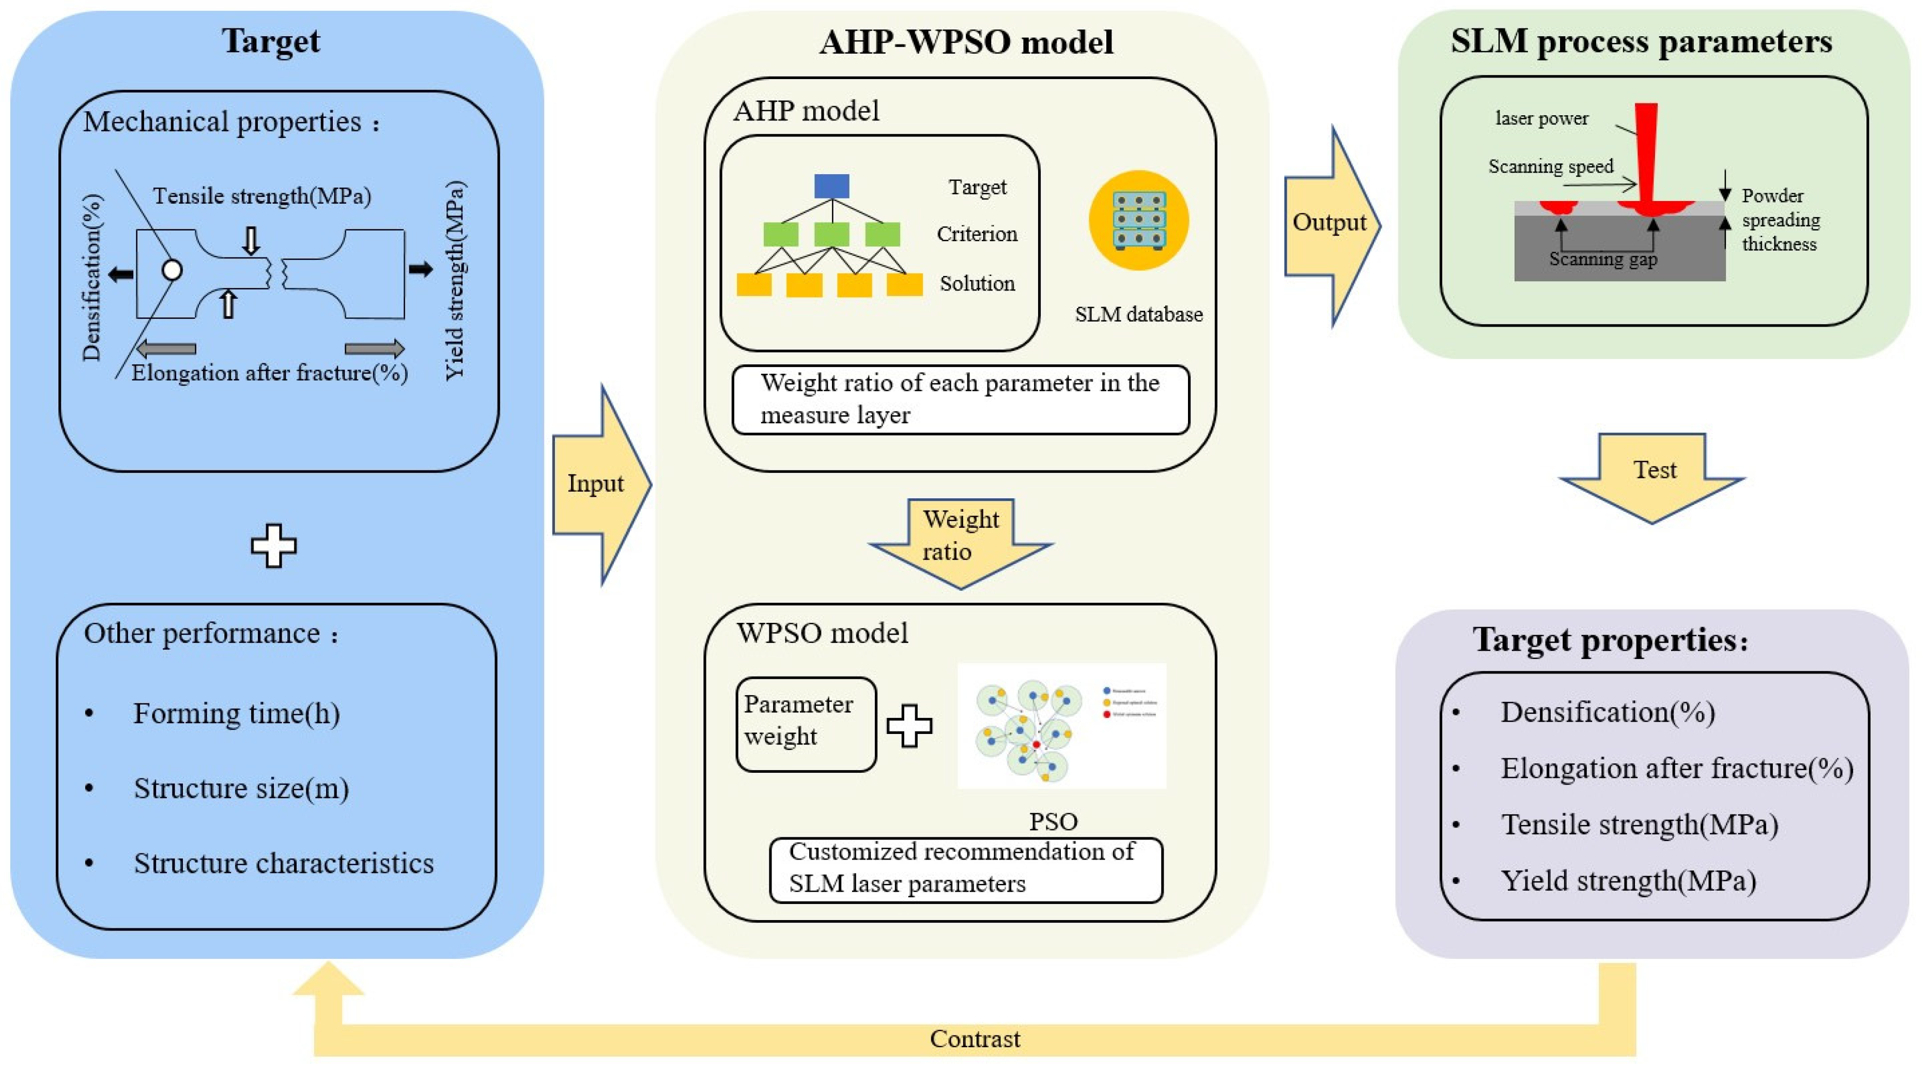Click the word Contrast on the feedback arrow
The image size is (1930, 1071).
point(974,1039)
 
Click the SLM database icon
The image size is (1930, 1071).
point(1138,220)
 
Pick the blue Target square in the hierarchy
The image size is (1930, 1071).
point(831,186)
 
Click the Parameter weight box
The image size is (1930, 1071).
point(806,723)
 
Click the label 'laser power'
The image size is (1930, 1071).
point(1541,118)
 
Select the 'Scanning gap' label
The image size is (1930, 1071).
point(1602,259)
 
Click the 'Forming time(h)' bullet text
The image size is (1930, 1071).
point(236,713)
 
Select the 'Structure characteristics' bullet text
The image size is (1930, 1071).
point(283,863)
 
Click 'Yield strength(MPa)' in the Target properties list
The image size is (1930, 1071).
point(1628,881)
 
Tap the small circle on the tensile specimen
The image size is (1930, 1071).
point(172,270)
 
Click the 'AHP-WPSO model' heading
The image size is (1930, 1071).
point(966,42)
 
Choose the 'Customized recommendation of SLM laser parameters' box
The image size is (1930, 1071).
point(965,869)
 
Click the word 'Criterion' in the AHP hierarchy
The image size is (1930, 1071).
point(976,234)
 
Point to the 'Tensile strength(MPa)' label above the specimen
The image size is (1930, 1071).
point(261,196)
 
